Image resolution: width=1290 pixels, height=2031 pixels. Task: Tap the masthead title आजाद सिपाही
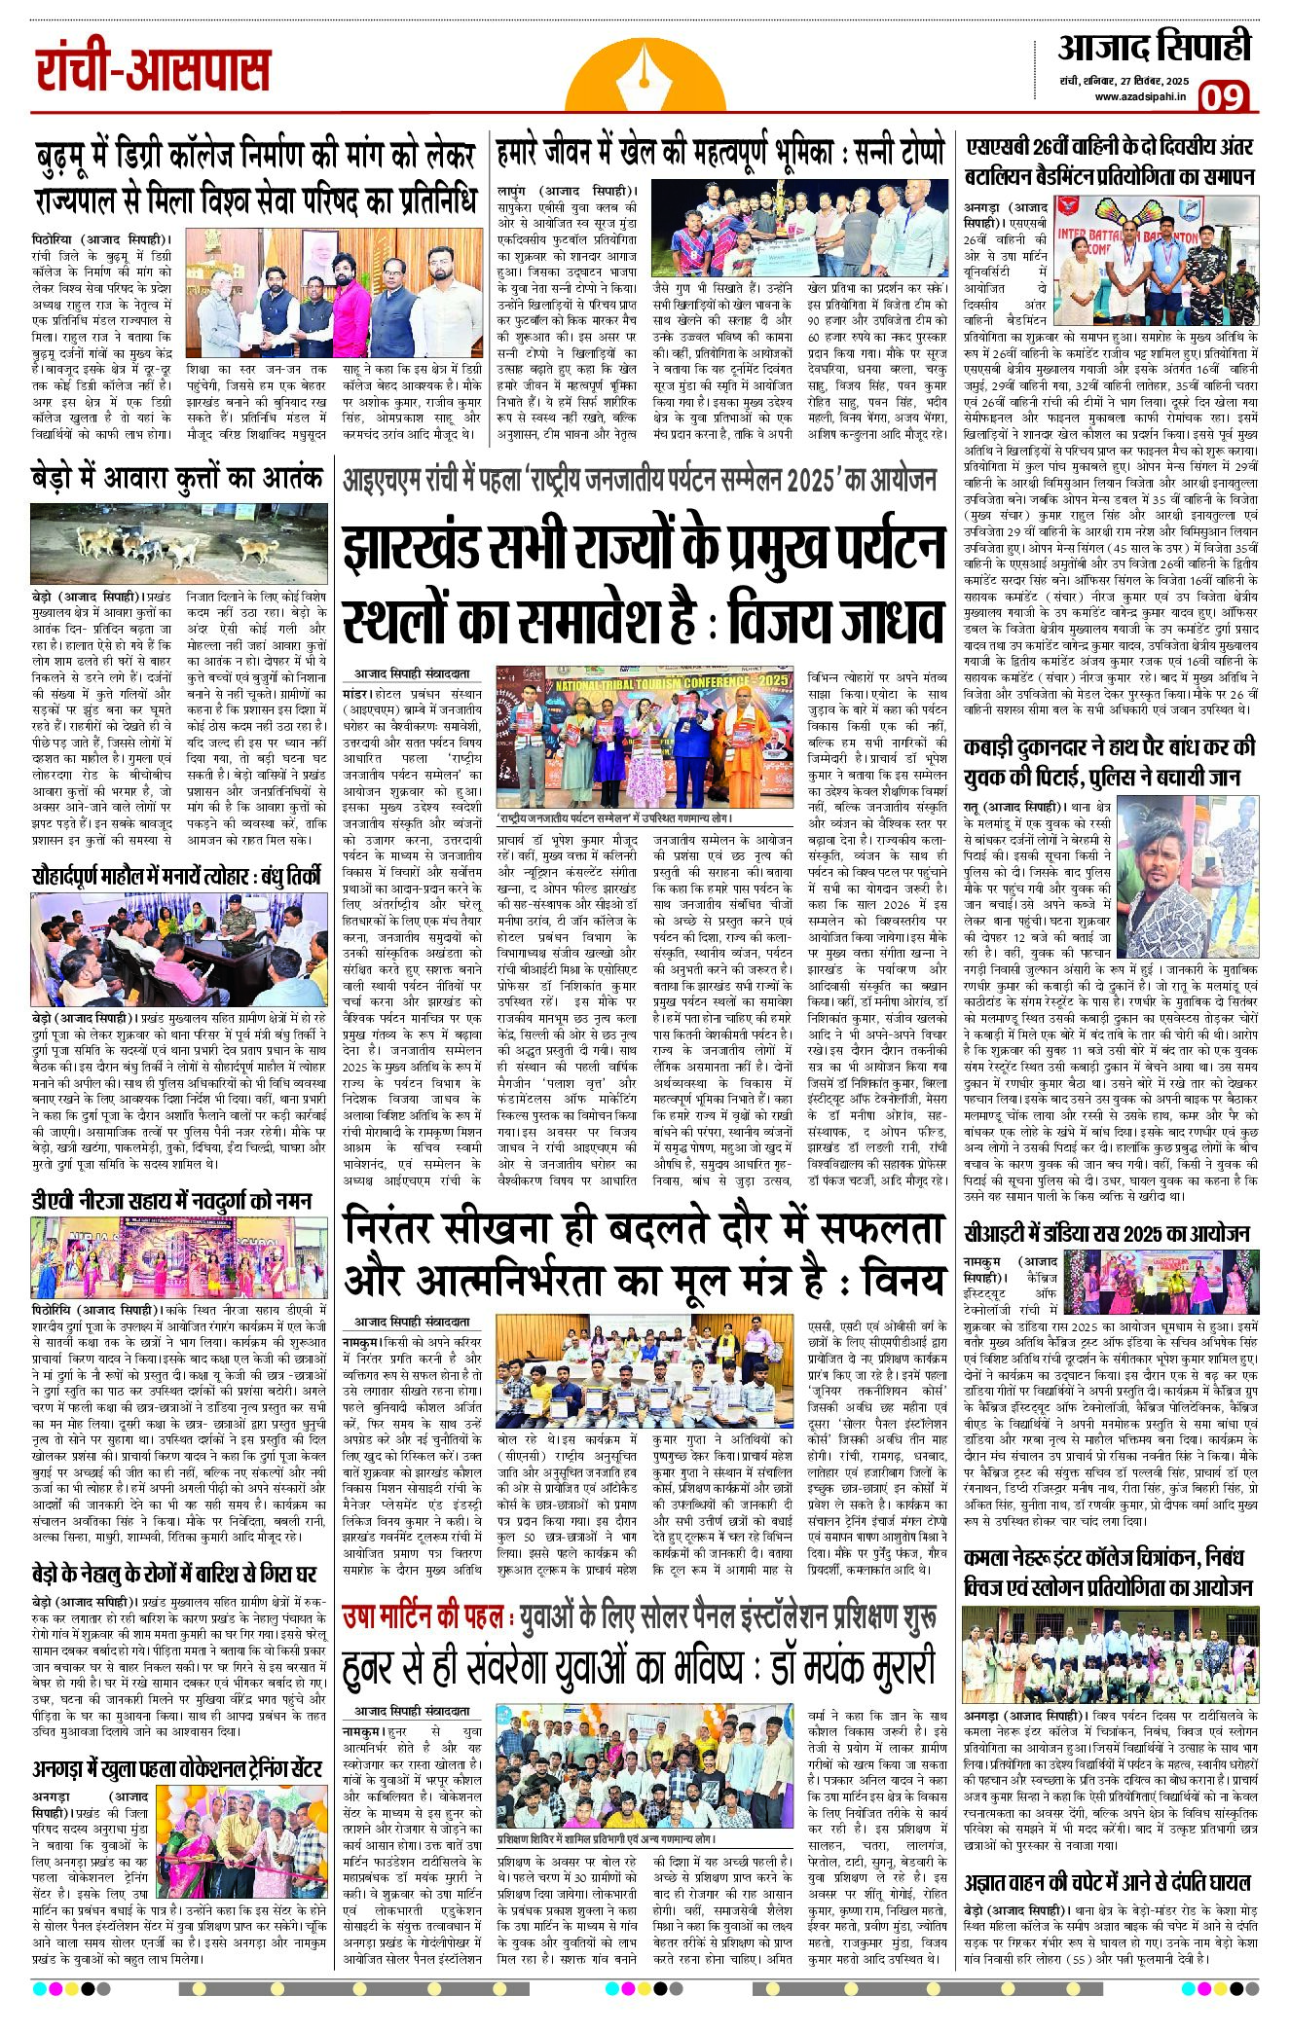point(1154,47)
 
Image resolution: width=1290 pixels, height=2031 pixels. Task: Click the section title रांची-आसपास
point(153,71)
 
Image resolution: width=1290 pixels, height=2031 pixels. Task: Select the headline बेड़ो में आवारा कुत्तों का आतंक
point(177,478)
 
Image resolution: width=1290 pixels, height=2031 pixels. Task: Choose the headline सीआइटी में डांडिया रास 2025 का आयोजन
point(1107,1234)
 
